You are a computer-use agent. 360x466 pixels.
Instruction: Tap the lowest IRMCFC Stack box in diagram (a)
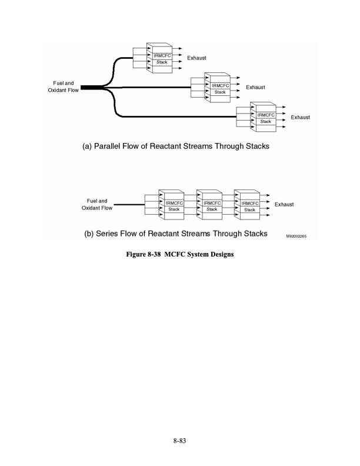(x=266, y=118)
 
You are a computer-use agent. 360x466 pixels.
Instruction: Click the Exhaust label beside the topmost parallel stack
(x=196, y=58)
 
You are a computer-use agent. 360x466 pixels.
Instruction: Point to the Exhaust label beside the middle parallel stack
(x=255, y=87)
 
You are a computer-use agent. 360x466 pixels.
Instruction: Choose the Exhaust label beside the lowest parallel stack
(x=300, y=117)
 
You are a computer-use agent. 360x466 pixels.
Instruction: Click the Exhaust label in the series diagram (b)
(x=284, y=204)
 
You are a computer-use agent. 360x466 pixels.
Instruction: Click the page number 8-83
(x=180, y=440)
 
